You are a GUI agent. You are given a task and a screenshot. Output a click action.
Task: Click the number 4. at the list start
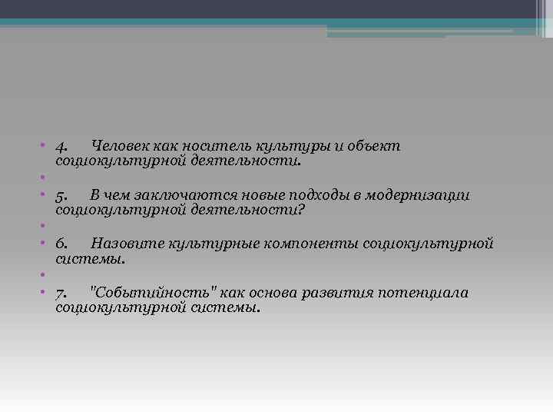click(x=63, y=146)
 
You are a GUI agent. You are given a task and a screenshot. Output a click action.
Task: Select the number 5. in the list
click(x=63, y=195)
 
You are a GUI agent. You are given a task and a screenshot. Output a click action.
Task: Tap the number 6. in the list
click(x=63, y=244)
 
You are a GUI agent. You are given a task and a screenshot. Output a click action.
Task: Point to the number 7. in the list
click(x=63, y=294)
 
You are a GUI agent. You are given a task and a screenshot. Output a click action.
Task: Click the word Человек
click(x=119, y=146)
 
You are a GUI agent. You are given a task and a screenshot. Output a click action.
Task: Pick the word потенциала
click(x=429, y=294)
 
